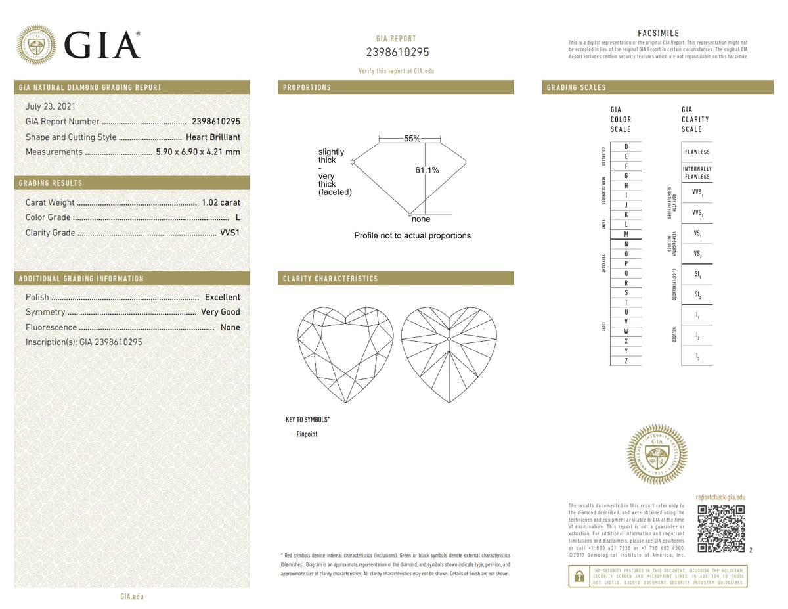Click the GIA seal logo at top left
pos(35,45)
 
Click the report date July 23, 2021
pos(50,106)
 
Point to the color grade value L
pos(237,217)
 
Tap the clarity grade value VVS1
pos(229,233)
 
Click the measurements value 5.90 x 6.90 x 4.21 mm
pos(198,152)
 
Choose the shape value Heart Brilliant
pos(213,137)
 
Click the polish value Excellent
pos(222,297)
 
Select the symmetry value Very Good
pos(221,312)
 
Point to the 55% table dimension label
pos(412,139)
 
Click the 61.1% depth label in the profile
pos(427,170)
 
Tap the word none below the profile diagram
pos(421,219)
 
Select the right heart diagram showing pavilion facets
pos(449,355)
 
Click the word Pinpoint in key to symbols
pos(307,434)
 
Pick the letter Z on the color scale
pos(626,361)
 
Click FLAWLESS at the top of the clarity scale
pos(697,152)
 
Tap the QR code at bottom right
pos(721,528)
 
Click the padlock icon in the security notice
pos(579,576)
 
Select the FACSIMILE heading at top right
pos(658,34)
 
